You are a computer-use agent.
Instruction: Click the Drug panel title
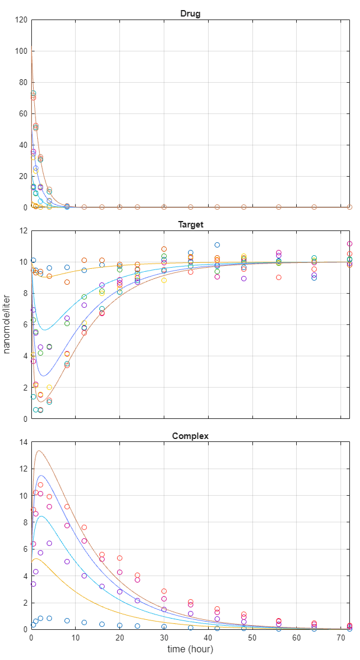[190, 14]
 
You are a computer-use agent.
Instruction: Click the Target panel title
[190, 225]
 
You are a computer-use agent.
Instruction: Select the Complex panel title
[190, 436]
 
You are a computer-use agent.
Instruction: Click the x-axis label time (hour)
[190, 649]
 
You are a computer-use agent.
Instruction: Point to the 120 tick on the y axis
[21, 19]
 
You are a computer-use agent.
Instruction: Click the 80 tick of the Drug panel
[23, 82]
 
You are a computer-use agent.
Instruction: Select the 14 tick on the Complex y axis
[23, 443]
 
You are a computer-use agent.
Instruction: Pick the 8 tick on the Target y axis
[25, 293]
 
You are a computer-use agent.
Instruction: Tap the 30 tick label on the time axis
[164, 638]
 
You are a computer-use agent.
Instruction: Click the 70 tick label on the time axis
[340, 638]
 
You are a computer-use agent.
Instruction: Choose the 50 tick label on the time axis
[252, 638]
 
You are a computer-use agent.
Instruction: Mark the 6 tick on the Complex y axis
[25, 550]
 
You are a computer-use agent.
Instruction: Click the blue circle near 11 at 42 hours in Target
[217, 245]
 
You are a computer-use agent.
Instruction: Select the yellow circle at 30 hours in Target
[164, 280]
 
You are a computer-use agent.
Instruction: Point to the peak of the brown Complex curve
[38, 451]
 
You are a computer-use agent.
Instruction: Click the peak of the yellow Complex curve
[35, 558]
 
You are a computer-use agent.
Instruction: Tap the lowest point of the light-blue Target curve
[44, 330]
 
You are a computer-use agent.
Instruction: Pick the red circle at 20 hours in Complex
[119, 558]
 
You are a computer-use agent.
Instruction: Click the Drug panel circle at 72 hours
[349, 207]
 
